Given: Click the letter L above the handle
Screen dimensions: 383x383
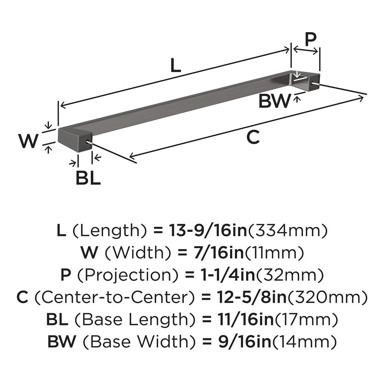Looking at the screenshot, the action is [175, 65].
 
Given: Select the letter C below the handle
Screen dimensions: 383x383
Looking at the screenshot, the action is [253, 137].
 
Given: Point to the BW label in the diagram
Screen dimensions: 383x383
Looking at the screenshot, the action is [275, 101].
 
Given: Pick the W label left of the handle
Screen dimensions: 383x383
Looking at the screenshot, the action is [28, 141].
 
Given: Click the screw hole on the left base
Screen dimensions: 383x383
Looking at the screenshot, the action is [87, 142].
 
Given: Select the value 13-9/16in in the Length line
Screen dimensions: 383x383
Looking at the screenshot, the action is [208, 230].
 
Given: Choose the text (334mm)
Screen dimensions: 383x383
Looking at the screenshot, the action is [288, 230].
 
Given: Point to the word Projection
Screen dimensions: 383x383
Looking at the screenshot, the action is [128, 275].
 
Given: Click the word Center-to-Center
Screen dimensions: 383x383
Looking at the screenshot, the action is [115, 297].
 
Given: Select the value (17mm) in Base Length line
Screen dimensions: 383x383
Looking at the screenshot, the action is [306, 319].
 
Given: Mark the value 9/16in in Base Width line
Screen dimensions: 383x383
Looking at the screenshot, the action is [244, 341].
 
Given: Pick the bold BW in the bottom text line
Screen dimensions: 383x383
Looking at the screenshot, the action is [62, 341].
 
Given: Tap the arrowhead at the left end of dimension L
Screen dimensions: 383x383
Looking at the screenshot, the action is [63, 105].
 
